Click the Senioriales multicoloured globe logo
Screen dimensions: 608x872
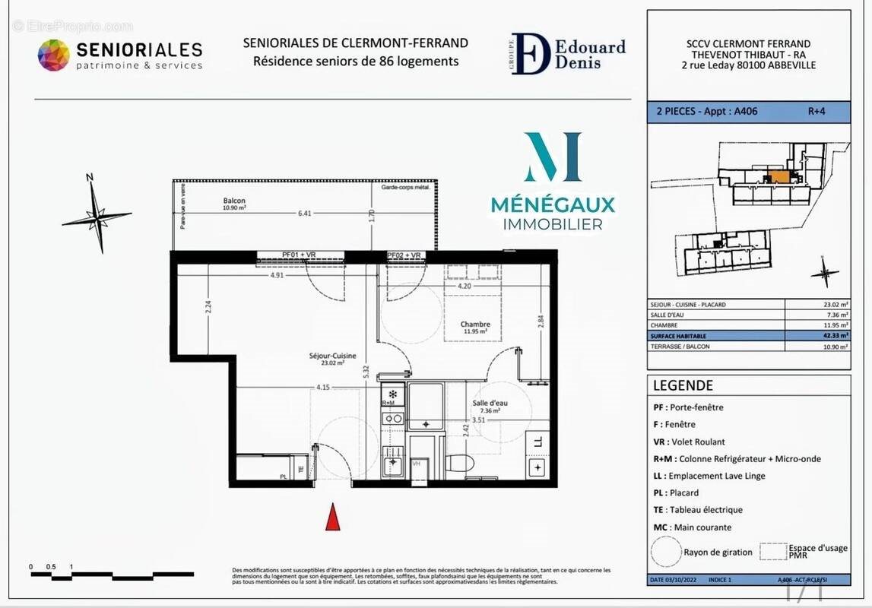tap(54, 55)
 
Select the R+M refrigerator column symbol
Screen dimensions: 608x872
tap(392, 396)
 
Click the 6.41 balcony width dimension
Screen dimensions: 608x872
tap(304, 214)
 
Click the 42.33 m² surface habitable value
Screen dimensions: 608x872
tap(835, 335)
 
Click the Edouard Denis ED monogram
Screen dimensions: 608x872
tap(530, 54)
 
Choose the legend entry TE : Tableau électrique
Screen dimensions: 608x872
tap(698, 510)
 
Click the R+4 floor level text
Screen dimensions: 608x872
tap(816, 111)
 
